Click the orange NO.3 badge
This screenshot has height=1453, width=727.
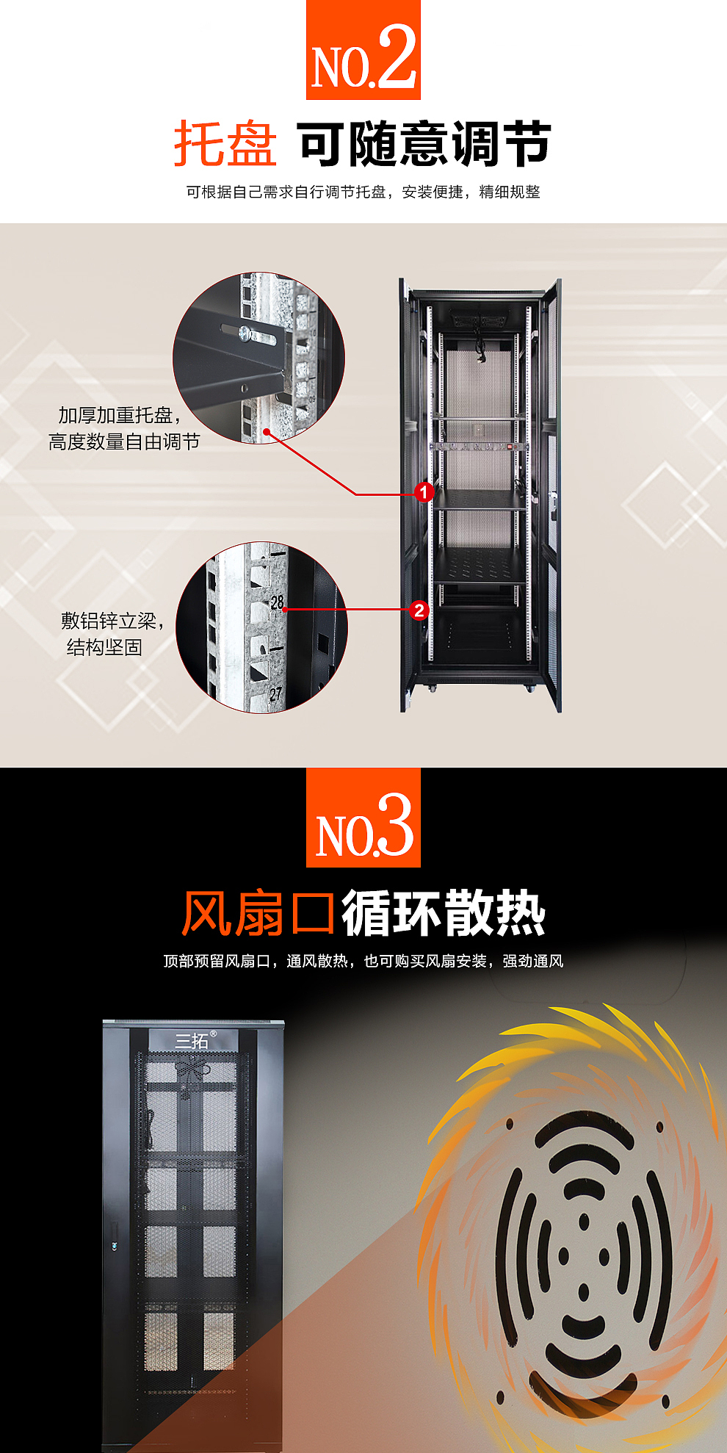click(363, 818)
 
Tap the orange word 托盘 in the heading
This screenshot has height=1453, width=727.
click(225, 144)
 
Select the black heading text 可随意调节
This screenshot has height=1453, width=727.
click(424, 144)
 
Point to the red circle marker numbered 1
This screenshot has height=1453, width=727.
click(424, 491)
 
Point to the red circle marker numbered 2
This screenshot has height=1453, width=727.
click(419, 610)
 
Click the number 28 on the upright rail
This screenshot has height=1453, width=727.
click(277, 602)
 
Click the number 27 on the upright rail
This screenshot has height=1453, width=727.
click(275, 693)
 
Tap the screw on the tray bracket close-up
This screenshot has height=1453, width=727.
click(245, 334)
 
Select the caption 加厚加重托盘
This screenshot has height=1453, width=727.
click(116, 415)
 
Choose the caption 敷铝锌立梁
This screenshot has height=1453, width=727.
click(109, 621)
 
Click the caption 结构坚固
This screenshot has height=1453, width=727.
click(104, 647)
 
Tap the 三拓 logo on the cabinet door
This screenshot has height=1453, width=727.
click(192, 1040)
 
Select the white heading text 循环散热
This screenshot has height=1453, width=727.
click(444, 914)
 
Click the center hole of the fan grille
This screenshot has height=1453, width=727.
click(584, 1255)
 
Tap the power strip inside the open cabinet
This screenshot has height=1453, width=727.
click(479, 446)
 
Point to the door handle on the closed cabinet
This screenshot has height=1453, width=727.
click(113, 1246)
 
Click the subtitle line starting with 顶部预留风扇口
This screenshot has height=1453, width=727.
click(363, 961)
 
